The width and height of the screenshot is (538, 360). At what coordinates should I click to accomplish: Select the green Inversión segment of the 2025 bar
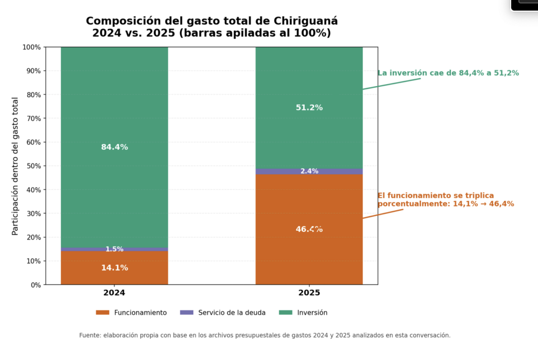(x=309, y=131)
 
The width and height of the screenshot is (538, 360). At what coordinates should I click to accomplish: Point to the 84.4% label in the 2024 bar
(x=115, y=147)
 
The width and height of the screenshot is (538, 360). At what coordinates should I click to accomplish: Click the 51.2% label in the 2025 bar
(x=309, y=108)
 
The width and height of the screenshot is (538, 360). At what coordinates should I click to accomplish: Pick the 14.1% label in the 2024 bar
(x=115, y=268)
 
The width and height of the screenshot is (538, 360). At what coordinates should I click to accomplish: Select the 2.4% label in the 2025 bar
(x=309, y=171)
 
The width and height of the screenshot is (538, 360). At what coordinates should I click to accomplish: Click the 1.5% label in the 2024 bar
(x=115, y=249)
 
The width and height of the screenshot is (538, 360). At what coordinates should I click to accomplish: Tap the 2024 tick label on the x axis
(x=115, y=293)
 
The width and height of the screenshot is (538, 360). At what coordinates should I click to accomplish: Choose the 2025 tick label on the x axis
(x=309, y=293)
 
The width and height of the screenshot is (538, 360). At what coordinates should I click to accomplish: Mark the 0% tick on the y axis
(x=35, y=285)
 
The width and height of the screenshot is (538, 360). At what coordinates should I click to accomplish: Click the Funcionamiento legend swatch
(x=102, y=313)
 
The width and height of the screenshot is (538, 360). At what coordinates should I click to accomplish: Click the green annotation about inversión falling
(x=448, y=73)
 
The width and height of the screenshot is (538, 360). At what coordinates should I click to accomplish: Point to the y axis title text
(x=15, y=166)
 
